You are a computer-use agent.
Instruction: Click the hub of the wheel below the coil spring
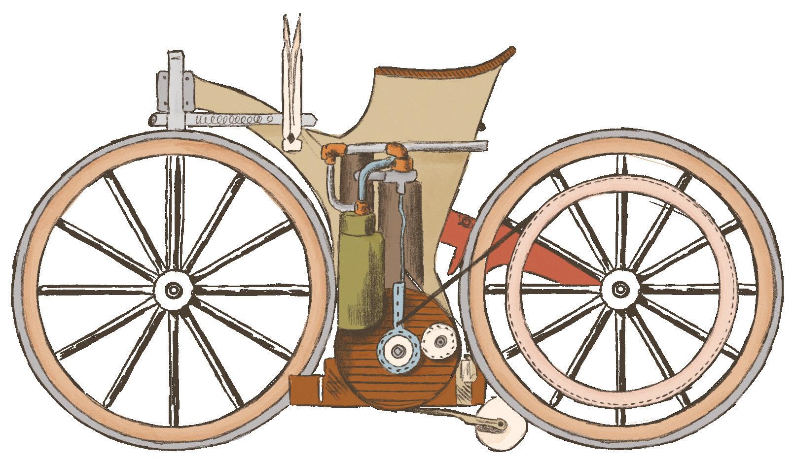click(173, 290)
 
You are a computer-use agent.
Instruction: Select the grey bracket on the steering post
click(175, 89)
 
